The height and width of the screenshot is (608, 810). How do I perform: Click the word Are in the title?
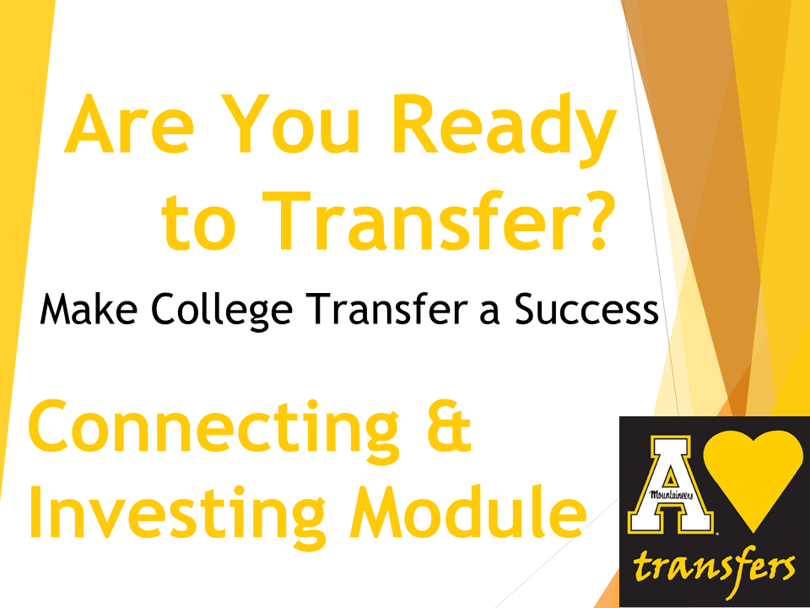point(129,124)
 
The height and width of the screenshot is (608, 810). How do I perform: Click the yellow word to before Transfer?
point(199,223)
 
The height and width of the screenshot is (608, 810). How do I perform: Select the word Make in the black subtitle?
point(89,309)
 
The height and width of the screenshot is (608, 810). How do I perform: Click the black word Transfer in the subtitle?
point(386,309)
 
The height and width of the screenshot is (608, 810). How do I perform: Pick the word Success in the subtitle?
point(586,309)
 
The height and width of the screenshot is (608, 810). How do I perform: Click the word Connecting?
point(213,432)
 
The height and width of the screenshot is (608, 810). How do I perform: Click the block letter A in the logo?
point(670,485)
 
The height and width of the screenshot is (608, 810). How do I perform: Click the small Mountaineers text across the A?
point(670,495)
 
